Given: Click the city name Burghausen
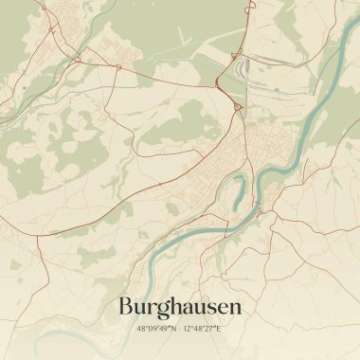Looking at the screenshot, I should click(x=180, y=307).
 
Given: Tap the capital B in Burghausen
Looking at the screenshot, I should click(x=127, y=307).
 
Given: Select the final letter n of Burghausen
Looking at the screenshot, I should click(x=235, y=308).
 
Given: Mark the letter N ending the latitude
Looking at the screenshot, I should click(x=173, y=328).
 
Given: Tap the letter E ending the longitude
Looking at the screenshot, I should click(x=219, y=328).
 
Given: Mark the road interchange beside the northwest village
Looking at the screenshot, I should click(x=74, y=59).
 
